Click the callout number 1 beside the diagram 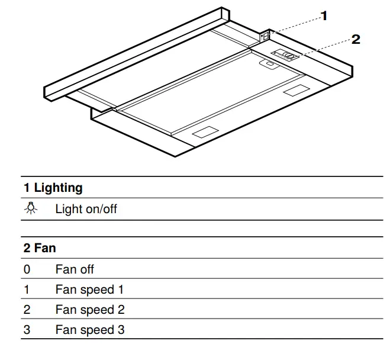(x=324, y=16)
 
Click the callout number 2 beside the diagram (x=356, y=40)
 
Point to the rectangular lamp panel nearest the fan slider (x=294, y=92)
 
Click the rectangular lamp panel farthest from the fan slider (x=204, y=133)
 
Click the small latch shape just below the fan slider (x=270, y=65)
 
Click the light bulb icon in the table (x=30, y=208)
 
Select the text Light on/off (x=86, y=209)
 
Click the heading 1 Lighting (x=53, y=188)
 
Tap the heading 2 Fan (x=40, y=248)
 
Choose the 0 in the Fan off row (x=27, y=269)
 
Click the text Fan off (x=75, y=269)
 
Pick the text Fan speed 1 (x=89, y=290)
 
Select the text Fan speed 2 (x=90, y=310)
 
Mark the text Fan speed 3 (x=90, y=330)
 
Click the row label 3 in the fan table (x=27, y=330)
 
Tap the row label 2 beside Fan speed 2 (x=27, y=310)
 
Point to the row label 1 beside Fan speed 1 (x=27, y=290)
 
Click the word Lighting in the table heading (x=58, y=188)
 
